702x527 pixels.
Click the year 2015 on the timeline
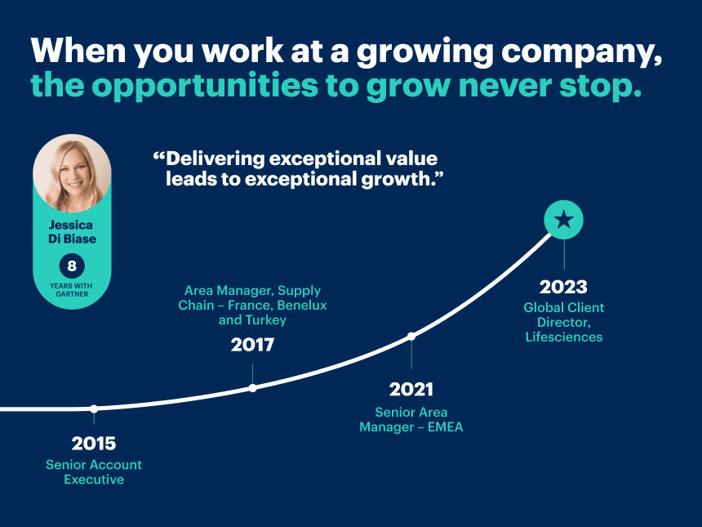[x=94, y=444]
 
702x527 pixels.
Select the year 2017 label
[x=252, y=345]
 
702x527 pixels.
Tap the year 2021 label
[x=411, y=390]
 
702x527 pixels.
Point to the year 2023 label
[x=563, y=288]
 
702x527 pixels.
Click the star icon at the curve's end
[x=564, y=220]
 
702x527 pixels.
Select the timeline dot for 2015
[x=94, y=409]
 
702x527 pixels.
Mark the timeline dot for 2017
[x=252, y=388]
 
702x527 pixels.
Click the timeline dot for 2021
[x=411, y=336]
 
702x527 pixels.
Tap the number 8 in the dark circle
[x=72, y=266]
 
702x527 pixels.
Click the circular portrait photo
[x=72, y=173]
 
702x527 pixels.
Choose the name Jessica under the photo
[x=71, y=225]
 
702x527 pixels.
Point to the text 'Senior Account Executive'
[x=94, y=472]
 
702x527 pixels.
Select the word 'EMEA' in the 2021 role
[x=445, y=427]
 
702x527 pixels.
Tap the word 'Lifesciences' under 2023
[x=564, y=337]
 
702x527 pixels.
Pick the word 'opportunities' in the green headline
[x=205, y=86]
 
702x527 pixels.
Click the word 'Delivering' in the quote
[x=215, y=159]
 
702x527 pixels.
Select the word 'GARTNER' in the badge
[x=72, y=294]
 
